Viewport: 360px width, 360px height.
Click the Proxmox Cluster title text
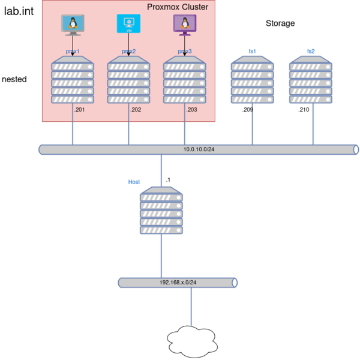coord(178,7)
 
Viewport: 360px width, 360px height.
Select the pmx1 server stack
coord(73,80)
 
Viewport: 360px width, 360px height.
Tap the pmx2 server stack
coord(128,80)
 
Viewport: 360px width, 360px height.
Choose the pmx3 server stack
coord(185,80)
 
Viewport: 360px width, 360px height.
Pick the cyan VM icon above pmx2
coord(128,24)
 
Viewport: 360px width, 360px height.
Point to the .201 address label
coord(79,110)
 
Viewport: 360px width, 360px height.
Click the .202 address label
coord(136,110)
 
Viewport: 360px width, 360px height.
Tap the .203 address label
coord(191,110)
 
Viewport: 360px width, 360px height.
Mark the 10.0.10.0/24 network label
coord(199,149)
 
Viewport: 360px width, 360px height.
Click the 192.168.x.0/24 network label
coord(178,283)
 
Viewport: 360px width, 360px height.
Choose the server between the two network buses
coord(161,210)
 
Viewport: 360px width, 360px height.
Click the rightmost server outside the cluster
coord(311,80)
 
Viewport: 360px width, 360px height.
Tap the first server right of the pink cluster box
coord(252,80)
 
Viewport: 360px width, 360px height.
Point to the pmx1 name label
coord(73,52)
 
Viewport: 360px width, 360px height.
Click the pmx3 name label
coord(185,52)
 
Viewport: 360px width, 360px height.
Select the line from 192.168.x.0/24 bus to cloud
coord(191,307)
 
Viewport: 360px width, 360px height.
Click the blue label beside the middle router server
coord(133,181)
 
